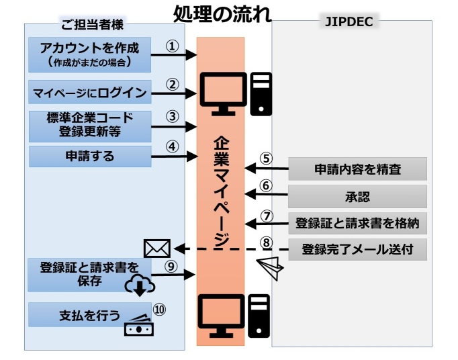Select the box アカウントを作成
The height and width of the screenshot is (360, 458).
tap(89, 54)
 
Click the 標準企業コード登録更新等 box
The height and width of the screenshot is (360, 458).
tap(89, 124)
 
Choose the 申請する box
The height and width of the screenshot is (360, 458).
tap(89, 156)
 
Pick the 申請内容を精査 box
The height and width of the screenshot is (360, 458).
tap(357, 169)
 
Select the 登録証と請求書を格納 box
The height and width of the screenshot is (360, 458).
tap(357, 223)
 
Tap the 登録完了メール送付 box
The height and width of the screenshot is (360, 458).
tap(357, 251)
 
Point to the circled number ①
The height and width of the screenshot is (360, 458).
tap(173, 46)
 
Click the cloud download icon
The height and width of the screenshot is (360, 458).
tap(140, 285)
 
